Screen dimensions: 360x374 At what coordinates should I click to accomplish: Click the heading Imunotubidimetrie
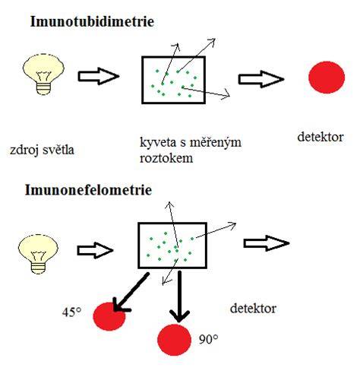[92, 21]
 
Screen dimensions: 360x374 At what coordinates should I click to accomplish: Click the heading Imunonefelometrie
[88, 189]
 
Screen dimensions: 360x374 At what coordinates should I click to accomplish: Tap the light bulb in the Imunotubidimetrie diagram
[43, 74]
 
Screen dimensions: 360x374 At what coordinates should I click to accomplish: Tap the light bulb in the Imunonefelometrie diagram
[38, 254]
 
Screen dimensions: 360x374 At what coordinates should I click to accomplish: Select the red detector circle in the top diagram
[327, 77]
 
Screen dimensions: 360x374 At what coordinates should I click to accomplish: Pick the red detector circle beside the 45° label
[109, 316]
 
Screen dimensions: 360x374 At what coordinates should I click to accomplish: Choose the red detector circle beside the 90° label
[174, 340]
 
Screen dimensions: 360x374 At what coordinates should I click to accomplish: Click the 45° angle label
[71, 312]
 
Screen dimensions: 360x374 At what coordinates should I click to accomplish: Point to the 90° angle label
[208, 340]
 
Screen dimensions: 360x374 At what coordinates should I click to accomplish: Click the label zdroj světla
[42, 150]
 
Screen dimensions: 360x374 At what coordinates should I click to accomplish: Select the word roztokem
[166, 158]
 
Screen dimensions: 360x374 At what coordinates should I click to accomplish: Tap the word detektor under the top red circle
[321, 137]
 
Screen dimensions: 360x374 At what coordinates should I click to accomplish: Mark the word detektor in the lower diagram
[253, 309]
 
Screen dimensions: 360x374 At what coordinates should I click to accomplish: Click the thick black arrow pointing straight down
[179, 296]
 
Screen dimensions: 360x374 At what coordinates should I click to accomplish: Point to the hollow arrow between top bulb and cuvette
[99, 76]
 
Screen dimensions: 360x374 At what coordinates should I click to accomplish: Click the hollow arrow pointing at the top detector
[261, 79]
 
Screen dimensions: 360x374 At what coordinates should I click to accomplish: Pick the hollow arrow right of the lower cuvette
[267, 243]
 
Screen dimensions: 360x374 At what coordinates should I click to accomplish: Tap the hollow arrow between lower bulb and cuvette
[95, 251]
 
